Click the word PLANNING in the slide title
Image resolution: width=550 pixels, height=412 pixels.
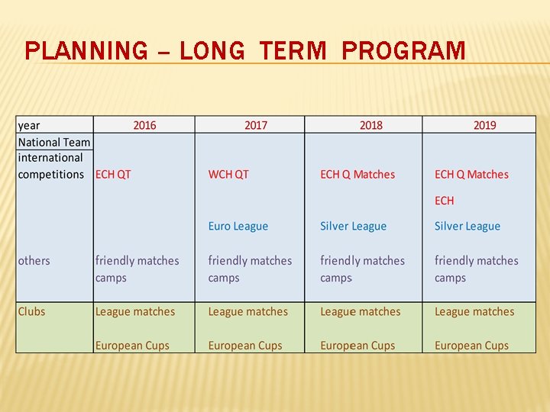click(86, 51)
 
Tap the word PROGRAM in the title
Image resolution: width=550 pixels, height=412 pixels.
click(403, 51)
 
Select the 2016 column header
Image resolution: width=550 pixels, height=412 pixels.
click(144, 125)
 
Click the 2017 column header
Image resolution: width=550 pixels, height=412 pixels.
click(256, 125)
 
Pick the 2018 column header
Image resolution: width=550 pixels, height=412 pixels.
click(370, 125)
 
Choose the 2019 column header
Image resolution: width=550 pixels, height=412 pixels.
click(484, 125)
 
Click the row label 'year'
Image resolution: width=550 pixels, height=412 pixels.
click(29, 125)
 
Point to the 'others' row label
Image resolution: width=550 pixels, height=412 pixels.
click(34, 261)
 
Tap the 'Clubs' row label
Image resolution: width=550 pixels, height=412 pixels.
click(32, 311)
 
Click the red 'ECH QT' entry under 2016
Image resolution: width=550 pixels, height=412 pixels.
click(113, 175)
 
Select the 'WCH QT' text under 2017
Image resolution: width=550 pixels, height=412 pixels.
click(228, 175)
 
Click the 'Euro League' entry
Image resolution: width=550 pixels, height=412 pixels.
click(238, 227)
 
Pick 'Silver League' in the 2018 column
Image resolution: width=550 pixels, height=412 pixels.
click(353, 227)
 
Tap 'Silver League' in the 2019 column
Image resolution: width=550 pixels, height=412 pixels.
click(467, 227)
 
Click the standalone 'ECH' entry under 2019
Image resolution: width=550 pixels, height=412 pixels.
click(444, 201)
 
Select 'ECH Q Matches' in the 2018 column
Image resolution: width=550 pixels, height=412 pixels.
click(357, 175)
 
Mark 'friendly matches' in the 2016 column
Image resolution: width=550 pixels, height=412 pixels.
click(137, 261)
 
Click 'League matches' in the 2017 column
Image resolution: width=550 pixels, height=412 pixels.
click(248, 311)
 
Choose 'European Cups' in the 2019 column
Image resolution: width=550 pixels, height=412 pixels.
click(471, 346)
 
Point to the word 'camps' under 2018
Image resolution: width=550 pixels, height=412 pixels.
click(336, 278)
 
